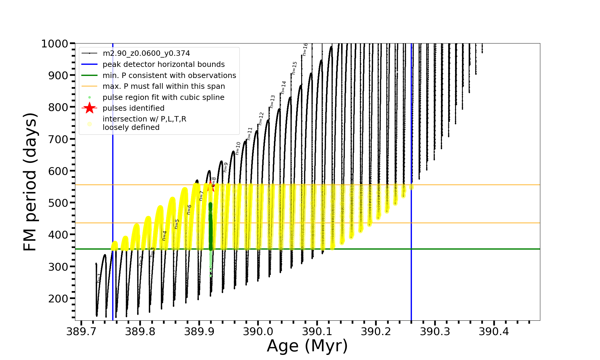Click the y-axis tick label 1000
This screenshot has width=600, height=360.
pyautogui.click(x=55, y=44)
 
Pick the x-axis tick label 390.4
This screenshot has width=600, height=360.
pyautogui.click(x=494, y=331)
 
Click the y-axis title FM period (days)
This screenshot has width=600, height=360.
pyautogui.click(x=30, y=182)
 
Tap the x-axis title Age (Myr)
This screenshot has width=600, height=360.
pyautogui.click(x=307, y=346)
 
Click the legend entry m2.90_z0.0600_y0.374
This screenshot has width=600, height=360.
pyautogui.click(x=146, y=53)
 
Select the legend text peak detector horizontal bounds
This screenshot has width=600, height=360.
pyautogui.click(x=163, y=64)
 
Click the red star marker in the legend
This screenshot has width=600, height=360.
pyautogui.click(x=89, y=108)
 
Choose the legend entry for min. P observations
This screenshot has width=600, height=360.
pyautogui.click(x=169, y=75)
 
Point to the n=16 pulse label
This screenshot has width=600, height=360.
pyautogui.click(x=305, y=49)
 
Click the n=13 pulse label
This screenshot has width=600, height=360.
pyautogui.click(x=272, y=102)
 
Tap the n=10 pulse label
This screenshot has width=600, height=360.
pyautogui.click(x=238, y=148)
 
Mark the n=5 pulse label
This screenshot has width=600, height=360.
pyautogui.click(x=177, y=224)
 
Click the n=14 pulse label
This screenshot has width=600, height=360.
pyautogui.click(x=283, y=88)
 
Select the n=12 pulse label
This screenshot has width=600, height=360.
pyautogui.click(x=261, y=119)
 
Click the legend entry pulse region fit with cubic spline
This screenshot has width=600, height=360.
pyautogui.click(x=163, y=97)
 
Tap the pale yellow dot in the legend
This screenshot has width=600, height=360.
pyautogui.click(x=89, y=124)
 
